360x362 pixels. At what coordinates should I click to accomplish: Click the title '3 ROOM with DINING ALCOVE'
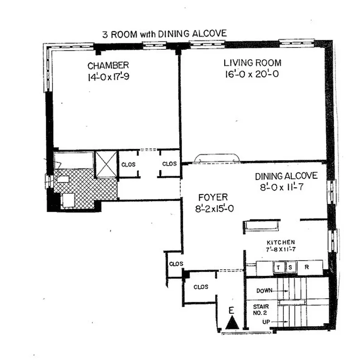tap(164, 34)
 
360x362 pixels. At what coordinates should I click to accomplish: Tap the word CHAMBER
tap(108, 66)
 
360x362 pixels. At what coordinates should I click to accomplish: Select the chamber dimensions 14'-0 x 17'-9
tap(108, 77)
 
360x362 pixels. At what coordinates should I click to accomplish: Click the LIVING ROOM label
tap(253, 63)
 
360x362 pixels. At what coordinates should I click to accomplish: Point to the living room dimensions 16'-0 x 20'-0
tap(251, 74)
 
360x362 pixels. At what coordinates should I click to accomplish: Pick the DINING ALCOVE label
tap(286, 176)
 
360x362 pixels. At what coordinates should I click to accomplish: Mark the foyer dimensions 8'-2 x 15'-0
tap(213, 209)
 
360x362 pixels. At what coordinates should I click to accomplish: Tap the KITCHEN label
tap(281, 242)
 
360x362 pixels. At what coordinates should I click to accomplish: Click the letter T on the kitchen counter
tap(279, 267)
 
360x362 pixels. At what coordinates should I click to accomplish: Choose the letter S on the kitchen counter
tap(290, 267)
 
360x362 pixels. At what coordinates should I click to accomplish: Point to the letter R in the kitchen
tap(307, 267)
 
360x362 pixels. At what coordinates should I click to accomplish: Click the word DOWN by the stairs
tap(265, 291)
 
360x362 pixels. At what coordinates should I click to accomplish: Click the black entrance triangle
tap(232, 323)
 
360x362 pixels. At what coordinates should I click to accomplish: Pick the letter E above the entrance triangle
tap(231, 310)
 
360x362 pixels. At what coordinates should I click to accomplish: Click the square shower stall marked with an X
tap(106, 163)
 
